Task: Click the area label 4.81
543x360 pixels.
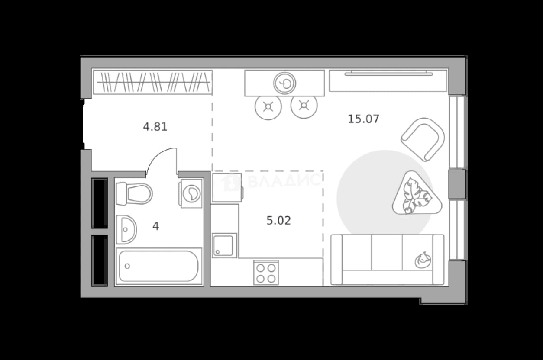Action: (155, 127)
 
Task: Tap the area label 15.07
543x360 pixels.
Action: (363, 119)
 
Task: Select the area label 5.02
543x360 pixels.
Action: (278, 221)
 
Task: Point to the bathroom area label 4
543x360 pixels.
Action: (155, 226)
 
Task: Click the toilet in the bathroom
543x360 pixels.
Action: (134, 193)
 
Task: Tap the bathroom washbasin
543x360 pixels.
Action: (126, 229)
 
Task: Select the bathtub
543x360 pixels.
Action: (159, 266)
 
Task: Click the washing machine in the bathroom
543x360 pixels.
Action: (191, 193)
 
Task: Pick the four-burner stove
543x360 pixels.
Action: (266, 272)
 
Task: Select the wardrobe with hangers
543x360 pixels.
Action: (153, 82)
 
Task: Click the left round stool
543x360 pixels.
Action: (268, 106)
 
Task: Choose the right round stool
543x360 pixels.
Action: (304, 106)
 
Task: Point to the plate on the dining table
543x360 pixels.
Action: (284, 83)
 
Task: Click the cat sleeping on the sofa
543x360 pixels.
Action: (423, 260)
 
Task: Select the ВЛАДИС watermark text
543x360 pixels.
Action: (284, 180)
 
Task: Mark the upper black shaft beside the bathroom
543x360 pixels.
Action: (100, 203)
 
